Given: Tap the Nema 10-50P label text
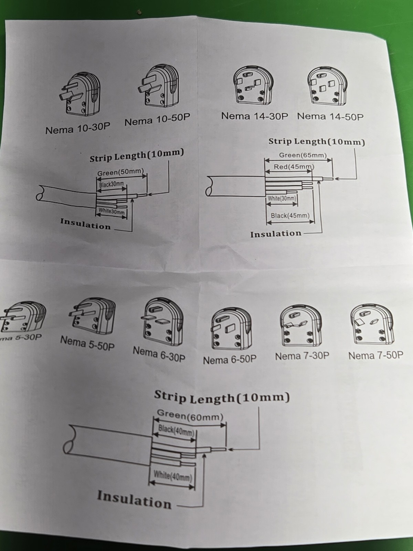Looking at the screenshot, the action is click(x=157, y=119).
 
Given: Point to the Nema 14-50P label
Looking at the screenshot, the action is click(x=330, y=116).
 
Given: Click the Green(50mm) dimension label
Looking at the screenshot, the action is click(x=120, y=172).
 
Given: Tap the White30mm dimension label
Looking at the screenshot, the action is click(x=111, y=211).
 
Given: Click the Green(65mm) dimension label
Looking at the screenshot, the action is click(x=303, y=155).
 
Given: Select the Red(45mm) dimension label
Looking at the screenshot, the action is click(x=294, y=167).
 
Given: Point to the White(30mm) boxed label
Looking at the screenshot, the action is click(x=282, y=198).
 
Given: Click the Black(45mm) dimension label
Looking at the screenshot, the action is click(x=290, y=216).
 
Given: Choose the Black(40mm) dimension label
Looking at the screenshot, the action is click(x=176, y=430).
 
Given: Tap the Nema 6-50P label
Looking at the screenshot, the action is click(x=230, y=360).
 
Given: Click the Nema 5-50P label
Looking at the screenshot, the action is click(x=87, y=343).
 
